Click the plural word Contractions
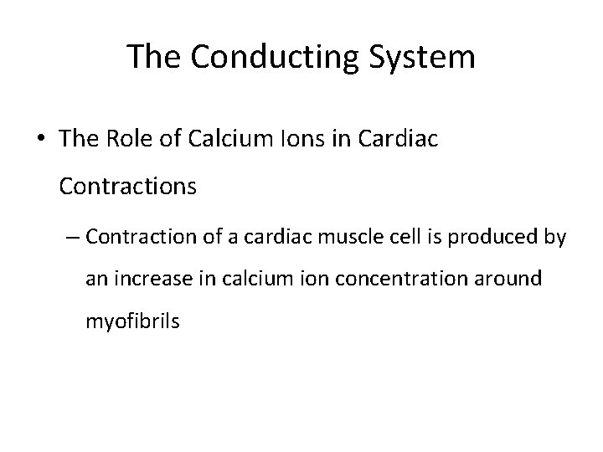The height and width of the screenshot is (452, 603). (128, 186)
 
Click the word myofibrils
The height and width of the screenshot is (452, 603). (132, 321)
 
